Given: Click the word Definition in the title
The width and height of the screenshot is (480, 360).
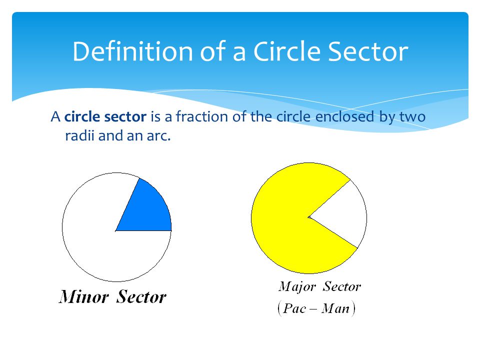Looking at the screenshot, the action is (132, 51).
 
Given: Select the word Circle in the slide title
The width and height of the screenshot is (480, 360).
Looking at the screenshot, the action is (287, 51).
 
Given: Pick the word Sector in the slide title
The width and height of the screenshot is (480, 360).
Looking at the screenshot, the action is (368, 51).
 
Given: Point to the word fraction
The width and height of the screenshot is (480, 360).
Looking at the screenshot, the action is (202, 116).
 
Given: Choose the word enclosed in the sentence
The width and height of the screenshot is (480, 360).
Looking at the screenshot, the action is (344, 116).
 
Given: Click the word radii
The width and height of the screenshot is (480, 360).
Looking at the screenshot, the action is (79, 135).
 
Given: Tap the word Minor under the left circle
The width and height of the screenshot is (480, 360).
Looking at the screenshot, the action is (83, 297).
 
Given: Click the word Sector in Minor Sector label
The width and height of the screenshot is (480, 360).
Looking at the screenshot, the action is (141, 297).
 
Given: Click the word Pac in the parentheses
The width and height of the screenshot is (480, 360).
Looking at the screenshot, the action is (294, 308).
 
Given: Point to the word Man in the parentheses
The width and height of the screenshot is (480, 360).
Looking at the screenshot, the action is (335, 308).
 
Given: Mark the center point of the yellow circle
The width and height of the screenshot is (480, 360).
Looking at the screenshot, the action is (308, 217).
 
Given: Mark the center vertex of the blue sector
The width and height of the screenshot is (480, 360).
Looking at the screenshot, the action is (115, 231).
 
